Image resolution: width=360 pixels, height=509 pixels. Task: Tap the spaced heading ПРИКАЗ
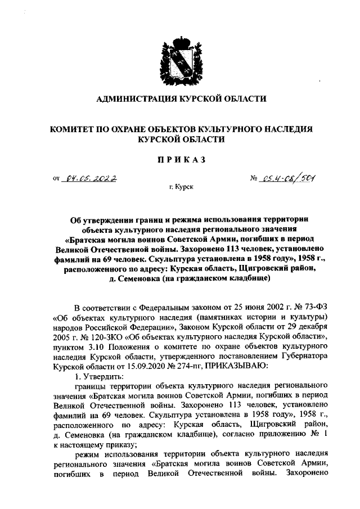pos(180,159)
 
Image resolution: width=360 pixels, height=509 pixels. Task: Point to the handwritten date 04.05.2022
pos(90,179)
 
